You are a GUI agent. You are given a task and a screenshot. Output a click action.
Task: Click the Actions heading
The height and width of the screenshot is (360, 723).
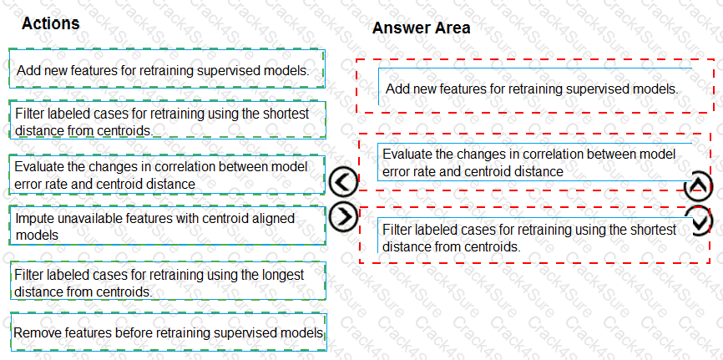(x=51, y=23)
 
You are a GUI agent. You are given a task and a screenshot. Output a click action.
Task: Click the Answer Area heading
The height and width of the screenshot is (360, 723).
(x=421, y=28)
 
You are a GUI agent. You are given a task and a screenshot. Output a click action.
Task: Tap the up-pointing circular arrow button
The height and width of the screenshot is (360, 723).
(x=698, y=187)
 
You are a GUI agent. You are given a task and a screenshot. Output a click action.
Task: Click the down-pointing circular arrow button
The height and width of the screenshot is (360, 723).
(x=698, y=221)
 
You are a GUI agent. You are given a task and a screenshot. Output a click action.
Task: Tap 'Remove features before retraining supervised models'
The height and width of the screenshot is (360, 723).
(x=167, y=332)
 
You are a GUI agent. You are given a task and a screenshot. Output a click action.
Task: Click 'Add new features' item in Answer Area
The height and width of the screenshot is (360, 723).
(x=531, y=88)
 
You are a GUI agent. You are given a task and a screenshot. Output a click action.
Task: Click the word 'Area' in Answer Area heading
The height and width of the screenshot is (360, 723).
(x=452, y=28)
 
